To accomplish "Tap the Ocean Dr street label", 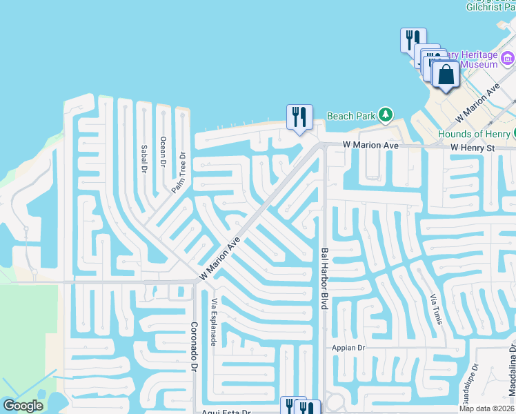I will coord(163,152).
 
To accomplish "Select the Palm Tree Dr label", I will coord(179,172).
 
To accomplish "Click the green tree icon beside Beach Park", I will coord(387,115).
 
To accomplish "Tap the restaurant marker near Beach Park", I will coord(299,117).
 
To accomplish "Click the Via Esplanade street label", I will coord(215,322).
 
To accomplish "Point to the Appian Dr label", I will coord(348,348).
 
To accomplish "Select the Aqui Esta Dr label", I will coord(226,412).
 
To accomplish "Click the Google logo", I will coord(23,406).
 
